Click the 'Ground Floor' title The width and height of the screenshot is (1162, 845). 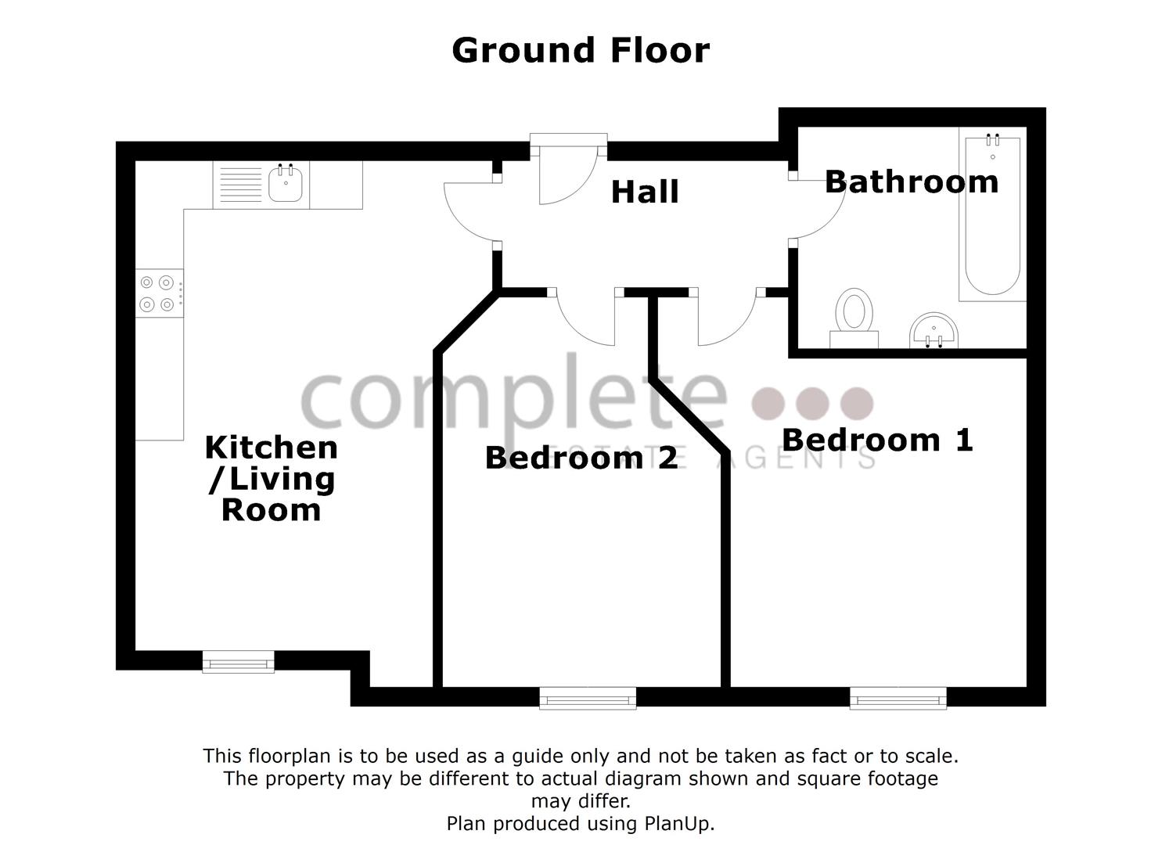click(x=581, y=51)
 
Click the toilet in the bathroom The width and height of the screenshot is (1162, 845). click(x=854, y=318)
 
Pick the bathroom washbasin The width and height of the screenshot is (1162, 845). click(x=934, y=330)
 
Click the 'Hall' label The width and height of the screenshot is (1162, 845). click(x=645, y=192)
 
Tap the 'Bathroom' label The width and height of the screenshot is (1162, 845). click(x=912, y=182)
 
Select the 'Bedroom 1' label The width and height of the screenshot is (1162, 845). click(x=877, y=440)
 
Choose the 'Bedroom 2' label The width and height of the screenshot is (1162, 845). click(x=581, y=458)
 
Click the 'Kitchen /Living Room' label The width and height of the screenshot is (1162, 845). click(x=271, y=478)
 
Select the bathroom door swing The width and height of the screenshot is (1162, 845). click(x=818, y=208)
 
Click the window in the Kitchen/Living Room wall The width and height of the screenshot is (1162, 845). click(x=239, y=662)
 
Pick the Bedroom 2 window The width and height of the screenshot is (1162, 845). click(x=588, y=697)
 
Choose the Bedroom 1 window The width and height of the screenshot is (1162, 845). click(x=898, y=697)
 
